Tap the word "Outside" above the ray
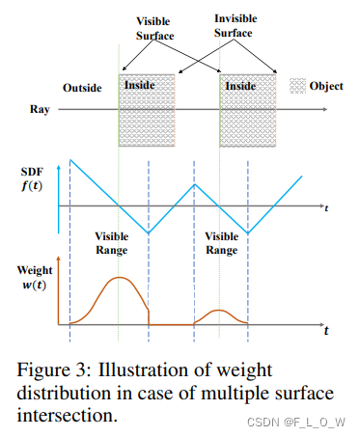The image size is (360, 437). [x=83, y=88]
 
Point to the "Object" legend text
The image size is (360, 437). [x=326, y=86]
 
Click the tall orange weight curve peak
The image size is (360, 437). [x=119, y=279]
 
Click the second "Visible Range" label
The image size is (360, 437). [x=222, y=243]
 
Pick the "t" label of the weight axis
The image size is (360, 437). [x=326, y=331]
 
